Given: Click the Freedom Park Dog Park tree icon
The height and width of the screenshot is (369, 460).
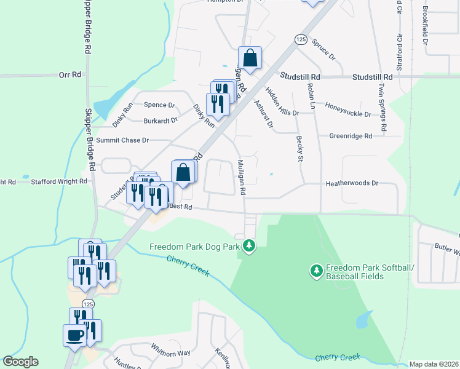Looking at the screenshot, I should coord(248,247).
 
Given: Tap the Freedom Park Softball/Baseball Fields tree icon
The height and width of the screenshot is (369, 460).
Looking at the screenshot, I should coord(317,270).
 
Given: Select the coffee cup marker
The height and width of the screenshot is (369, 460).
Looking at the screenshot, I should coord(75,336).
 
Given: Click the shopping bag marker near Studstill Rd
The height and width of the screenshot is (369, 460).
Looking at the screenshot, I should coord(250,58).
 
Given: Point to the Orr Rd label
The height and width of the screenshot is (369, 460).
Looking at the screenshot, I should coord(70,74).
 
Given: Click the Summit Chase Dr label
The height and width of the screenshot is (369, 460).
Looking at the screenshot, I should coord(122,140).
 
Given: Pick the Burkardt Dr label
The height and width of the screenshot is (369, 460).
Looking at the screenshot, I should coord(161,121).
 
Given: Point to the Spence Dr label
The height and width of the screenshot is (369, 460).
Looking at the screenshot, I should coord(159,105).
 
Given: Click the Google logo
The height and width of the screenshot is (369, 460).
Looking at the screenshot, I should coord(20,362).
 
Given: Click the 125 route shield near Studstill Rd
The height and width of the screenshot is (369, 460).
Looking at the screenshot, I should coord(300,39).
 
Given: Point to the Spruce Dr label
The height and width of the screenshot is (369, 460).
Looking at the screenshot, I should coord(323,49).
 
